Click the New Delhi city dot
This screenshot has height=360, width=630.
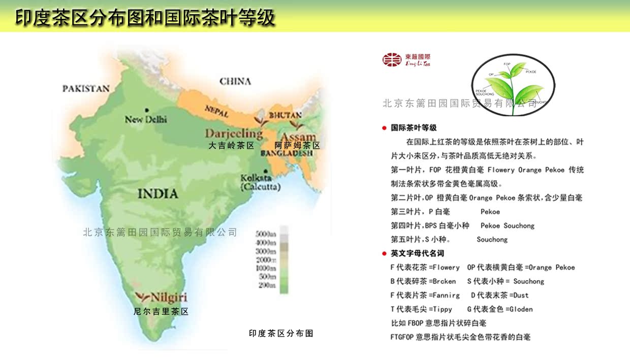point(146,110)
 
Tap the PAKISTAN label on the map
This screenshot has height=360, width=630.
point(86,89)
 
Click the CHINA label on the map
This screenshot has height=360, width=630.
point(235,81)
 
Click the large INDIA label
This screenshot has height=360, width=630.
point(158,194)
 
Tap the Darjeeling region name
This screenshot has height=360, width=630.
point(234,134)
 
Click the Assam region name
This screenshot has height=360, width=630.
point(298,137)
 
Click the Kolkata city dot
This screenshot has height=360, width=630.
point(266,171)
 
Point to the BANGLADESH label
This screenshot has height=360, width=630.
point(287,153)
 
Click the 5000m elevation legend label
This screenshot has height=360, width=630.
point(266,235)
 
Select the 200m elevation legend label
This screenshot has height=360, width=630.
point(267,285)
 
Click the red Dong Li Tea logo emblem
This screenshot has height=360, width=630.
point(392,60)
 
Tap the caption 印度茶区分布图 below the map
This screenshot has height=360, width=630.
point(281,334)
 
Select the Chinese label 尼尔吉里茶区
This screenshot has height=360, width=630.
point(161,312)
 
